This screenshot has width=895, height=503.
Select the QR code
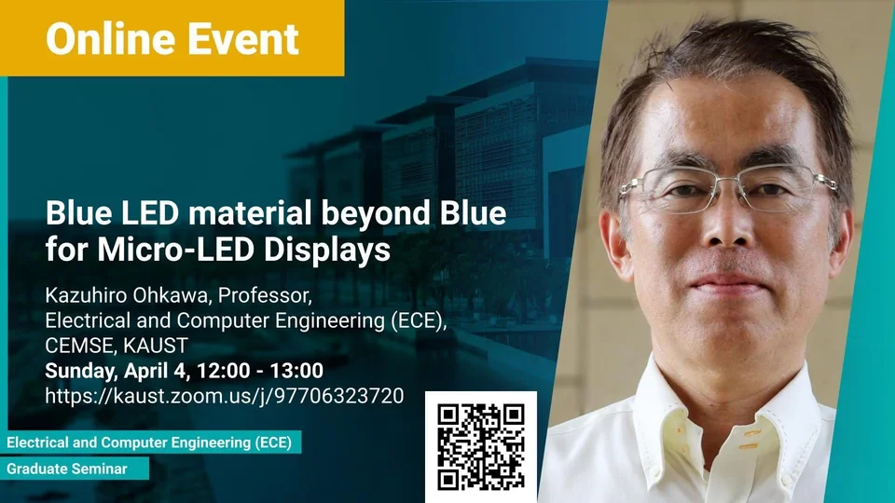481,447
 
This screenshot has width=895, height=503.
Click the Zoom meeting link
225,396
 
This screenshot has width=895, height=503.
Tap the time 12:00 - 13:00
260,371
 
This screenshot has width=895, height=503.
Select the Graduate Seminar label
67,469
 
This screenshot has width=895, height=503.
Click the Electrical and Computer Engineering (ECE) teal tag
149,442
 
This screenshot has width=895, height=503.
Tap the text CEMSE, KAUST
117,346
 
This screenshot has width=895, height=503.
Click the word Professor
265,295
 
